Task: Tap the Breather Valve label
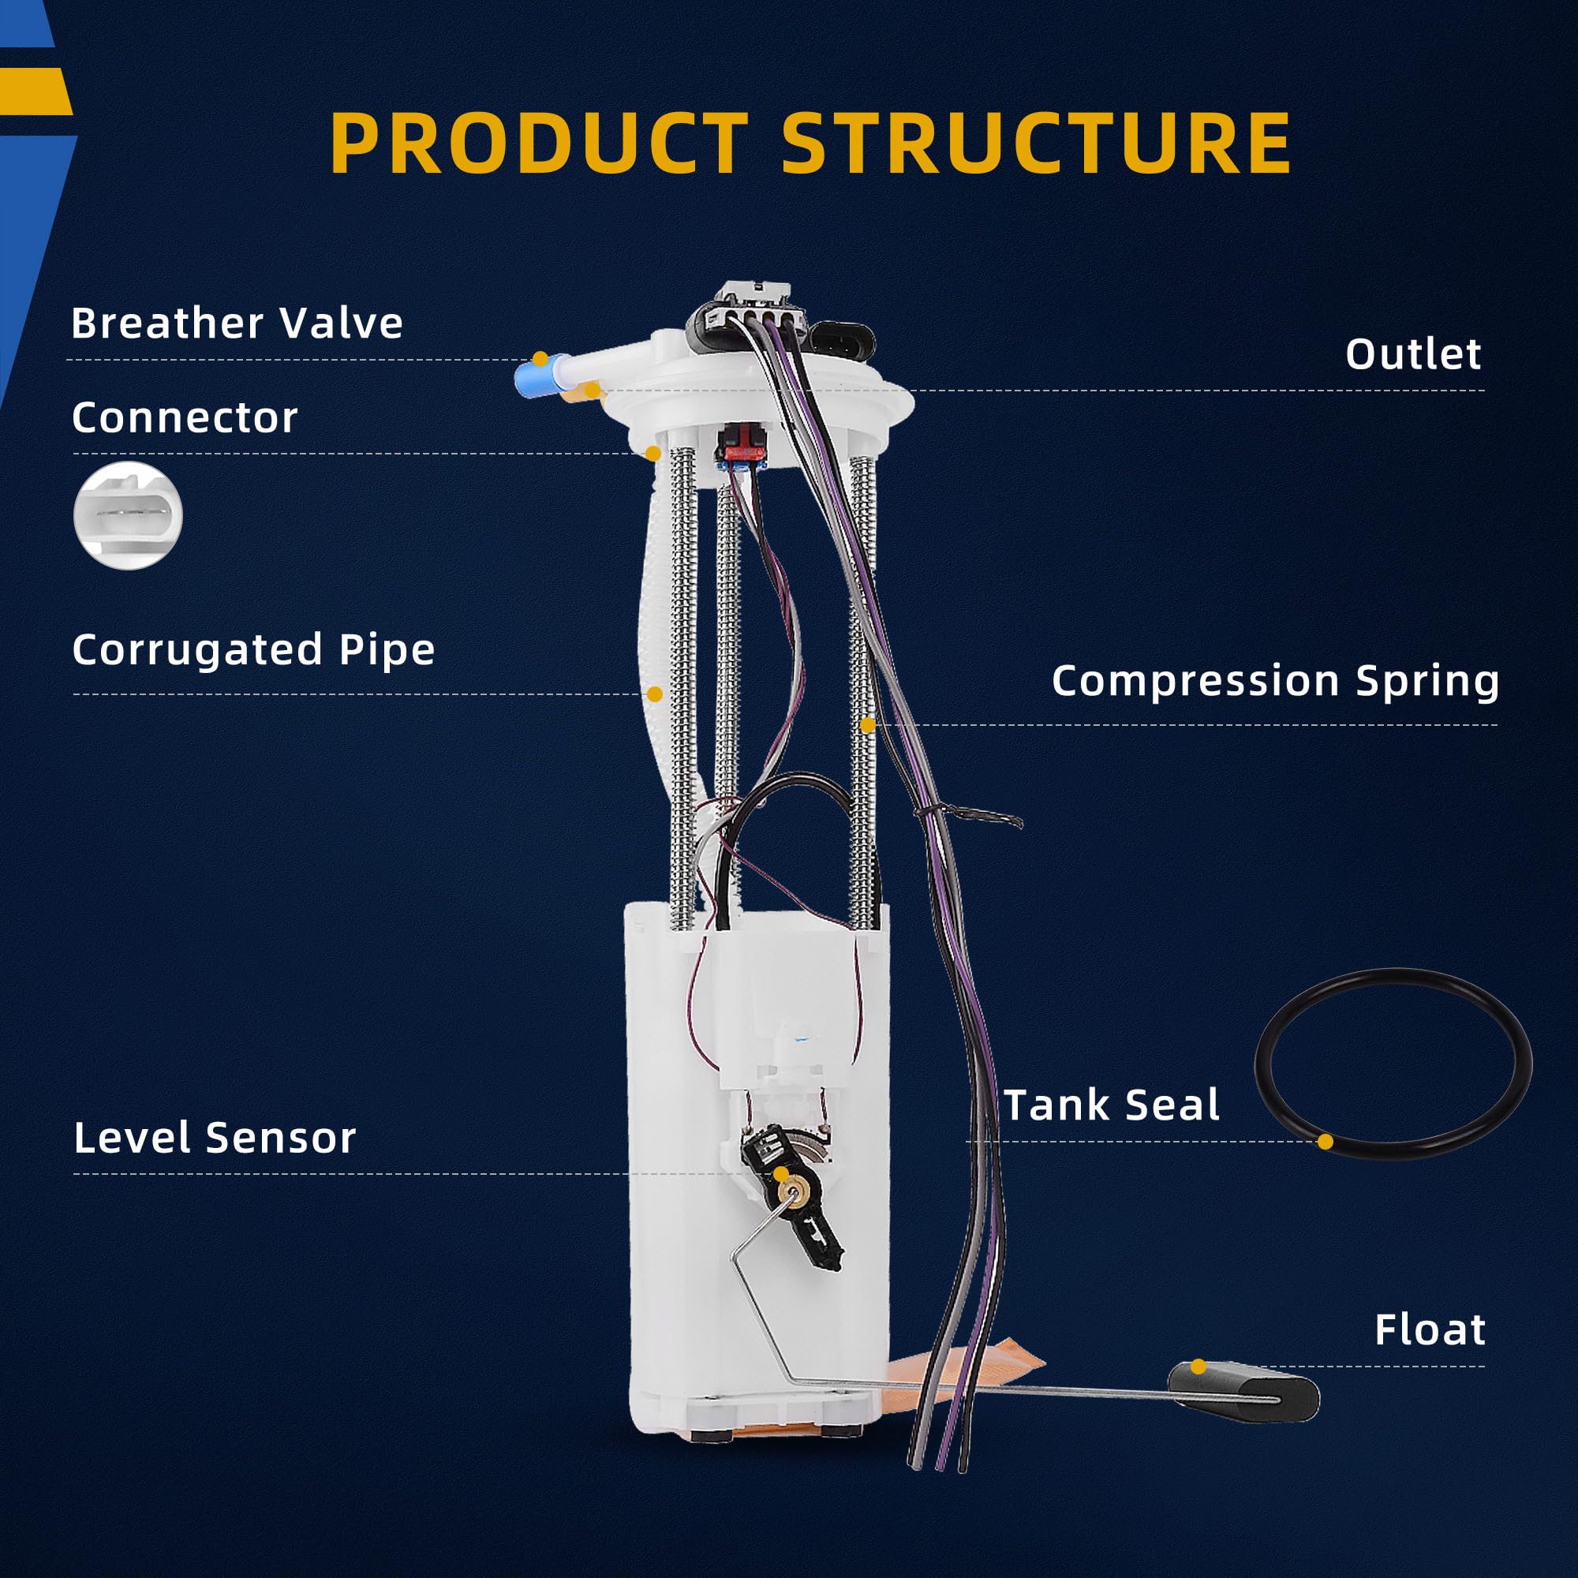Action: pyautogui.click(x=237, y=323)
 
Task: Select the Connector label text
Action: pyautogui.click(x=185, y=417)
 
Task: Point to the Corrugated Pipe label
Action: pyautogui.click(x=253, y=651)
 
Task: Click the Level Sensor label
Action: pyautogui.click(x=215, y=1137)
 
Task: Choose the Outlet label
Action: pyautogui.click(x=1414, y=353)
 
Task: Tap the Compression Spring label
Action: pyautogui.click(x=1275, y=681)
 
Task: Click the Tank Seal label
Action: pyautogui.click(x=1112, y=1105)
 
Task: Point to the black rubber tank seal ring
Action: pyautogui.click(x=1393, y=1063)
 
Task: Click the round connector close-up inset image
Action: pyautogui.click(x=129, y=515)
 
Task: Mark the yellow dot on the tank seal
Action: pyautogui.click(x=1326, y=1141)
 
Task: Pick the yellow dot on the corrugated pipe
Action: pyautogui.click(x=654, y=694)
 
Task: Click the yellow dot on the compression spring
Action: pyautogui.click(x=867, y=724)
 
